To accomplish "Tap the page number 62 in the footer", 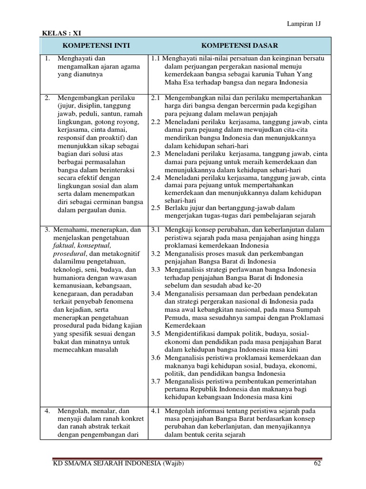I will pos(318,464).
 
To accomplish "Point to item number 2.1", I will pos(155,98).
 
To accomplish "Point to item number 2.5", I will pos(155,208).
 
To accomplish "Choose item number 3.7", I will pos(155,381).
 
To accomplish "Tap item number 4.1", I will pos(155,410).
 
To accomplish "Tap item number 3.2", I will pos(155,254).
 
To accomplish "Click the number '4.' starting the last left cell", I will pos(48,410).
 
